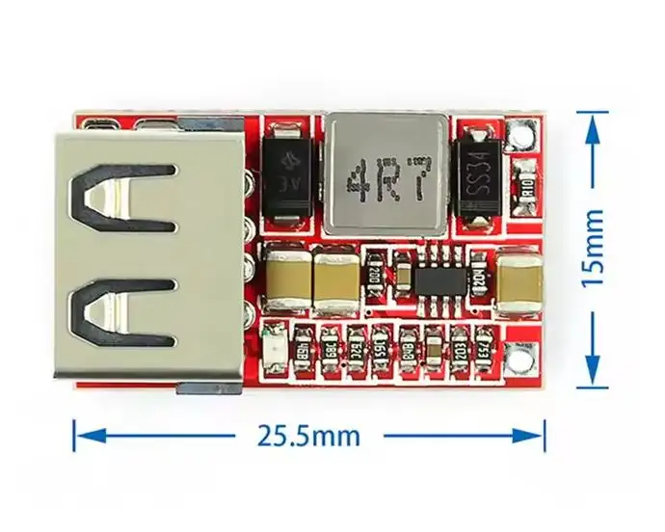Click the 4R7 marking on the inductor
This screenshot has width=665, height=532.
tap(386, 178)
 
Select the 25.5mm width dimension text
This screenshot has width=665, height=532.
tap(308, 436)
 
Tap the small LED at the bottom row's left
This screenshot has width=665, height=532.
tap(275, 344)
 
